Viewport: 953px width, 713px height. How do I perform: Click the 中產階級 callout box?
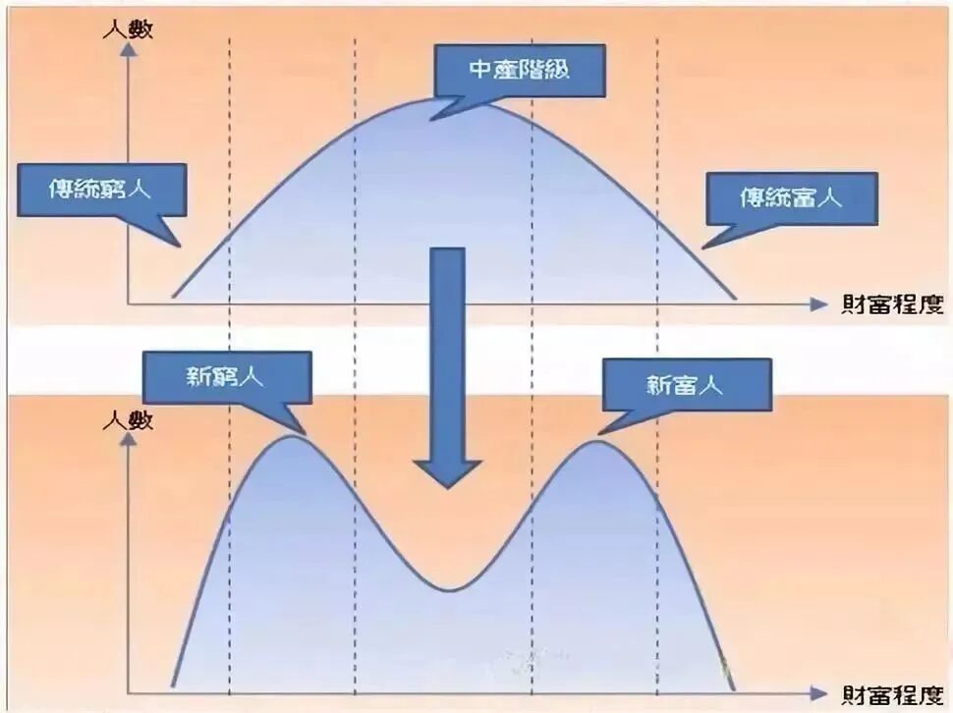pyautogui.click(x=520, y=71)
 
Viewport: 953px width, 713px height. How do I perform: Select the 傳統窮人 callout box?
pyautogui.click(x=101, y=190)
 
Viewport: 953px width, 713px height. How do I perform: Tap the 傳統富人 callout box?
pyautogui.click(x=791, y=198)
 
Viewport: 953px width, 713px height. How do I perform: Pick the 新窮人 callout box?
pyautogui.click(x=227, y=377)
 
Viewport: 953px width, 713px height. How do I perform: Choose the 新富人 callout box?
pyautogui.click(x=687, y=384)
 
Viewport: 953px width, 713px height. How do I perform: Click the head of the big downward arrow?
pyautogui.click(x=448, y=473)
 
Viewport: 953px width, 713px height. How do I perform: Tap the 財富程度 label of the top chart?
pyautogui.click(x=892, y=303)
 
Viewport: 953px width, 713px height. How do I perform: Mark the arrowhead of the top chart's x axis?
pyautogui.click(x=818, y=304)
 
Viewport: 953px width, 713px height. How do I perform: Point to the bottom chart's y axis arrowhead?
pyautogui.click(x=129, y=437)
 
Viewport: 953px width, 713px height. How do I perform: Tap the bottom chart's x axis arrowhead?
pyautogui.click(x=818, y=693)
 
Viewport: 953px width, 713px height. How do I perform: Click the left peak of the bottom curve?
pyautogui.click(x=293, y=436)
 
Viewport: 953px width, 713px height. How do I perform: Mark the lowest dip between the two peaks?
pyautogui.click(x=449, y=589)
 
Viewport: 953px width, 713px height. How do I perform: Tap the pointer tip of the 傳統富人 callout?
pyautogui.click(x=702, y=247)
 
